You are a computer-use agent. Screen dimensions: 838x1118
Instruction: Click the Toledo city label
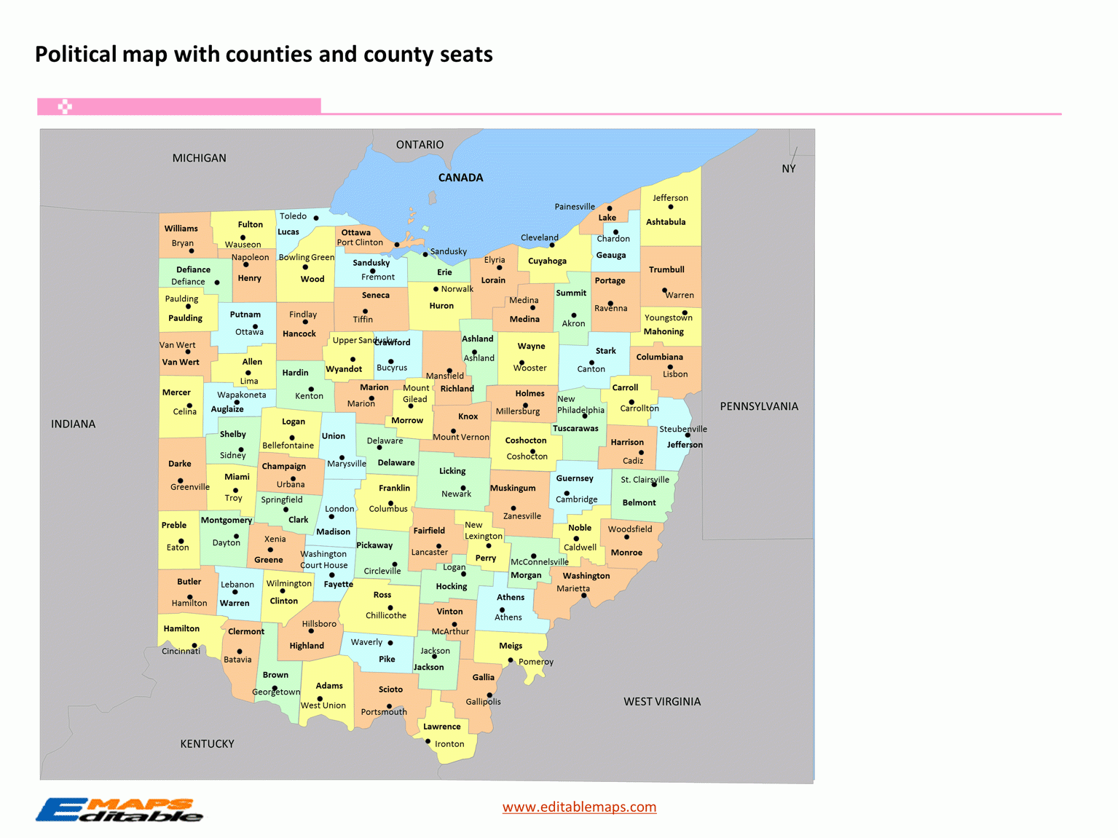coord(293,216)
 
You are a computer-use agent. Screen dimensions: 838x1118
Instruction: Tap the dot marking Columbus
coord(391,503)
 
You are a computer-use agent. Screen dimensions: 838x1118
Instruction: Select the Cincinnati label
coord(181,651)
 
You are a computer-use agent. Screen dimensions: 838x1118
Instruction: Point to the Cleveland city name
coord(539,237)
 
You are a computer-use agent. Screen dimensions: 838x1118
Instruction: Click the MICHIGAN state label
coord(199,158)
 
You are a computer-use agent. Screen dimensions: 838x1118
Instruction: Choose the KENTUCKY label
coord(207,743)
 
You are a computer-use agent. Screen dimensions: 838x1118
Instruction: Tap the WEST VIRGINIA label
coord(661,701)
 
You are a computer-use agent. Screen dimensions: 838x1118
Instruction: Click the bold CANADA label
coord(460,178)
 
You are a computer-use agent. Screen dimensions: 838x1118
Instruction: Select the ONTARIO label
coord(420,145)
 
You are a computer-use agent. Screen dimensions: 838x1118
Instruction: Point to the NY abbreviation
coord(788,168)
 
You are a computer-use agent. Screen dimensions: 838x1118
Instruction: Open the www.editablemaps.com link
coord(579,807)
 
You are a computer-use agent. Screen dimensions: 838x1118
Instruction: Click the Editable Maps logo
coord(119,810)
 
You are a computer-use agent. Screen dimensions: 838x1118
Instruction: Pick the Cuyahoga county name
coord(547,261)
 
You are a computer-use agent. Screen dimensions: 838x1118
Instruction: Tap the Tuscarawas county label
coord(575,428)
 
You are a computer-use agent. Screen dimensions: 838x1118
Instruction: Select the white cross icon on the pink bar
coord(65,107)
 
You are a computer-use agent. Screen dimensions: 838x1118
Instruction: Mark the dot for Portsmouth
coord(389,705)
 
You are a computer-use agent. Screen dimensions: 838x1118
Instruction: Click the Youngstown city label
coord(668,317)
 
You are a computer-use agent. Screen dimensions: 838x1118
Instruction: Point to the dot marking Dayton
coord(236,536)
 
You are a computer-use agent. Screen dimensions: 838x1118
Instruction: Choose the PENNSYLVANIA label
coord(759,406)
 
